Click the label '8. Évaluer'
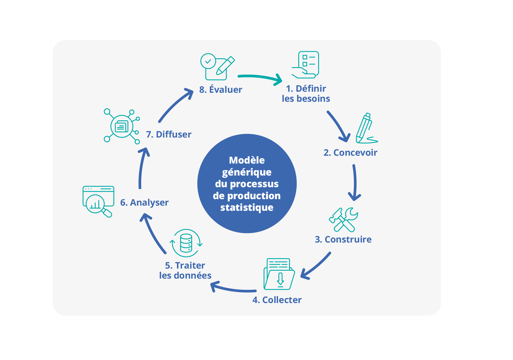pyautogui.click(x=220, y=90)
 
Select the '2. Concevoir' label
pyautogui.click(x=350, y=152)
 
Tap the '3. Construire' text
pyautogui.click(x=343, y=239)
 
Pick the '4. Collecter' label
pyautogui.click(x=277, y=300)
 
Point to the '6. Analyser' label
pyautogui.click(x=144, y=202)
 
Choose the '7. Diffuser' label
pyautogui.click(x=169, y=134)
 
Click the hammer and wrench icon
pyautogui.click(x=343, y=220)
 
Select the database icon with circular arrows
pyautogui.click(x=186, y=243)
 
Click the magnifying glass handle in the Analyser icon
pyautogui.click(x=107, y=213)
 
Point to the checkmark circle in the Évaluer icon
pyautogui.click(x=208, y=61)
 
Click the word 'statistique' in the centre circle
pyautogui.click(x=247, y=208)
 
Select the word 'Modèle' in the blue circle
pyautogui.click(x=247, y=160)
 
